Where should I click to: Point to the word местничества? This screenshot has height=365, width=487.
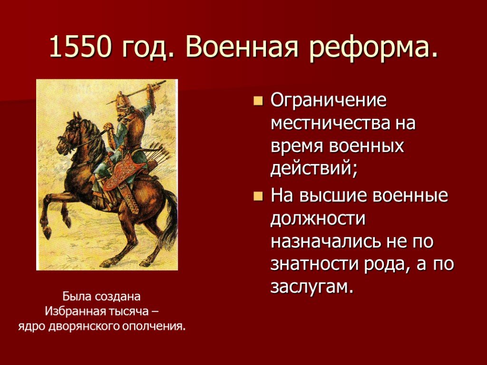point(324,124)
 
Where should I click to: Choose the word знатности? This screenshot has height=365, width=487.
point(314,264)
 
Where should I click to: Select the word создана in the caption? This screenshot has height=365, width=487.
point(118,297)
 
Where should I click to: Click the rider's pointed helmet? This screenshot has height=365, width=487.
point(122,99)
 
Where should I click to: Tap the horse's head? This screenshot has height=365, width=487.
point(70,136)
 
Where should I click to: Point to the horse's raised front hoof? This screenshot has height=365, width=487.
point(47,232)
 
